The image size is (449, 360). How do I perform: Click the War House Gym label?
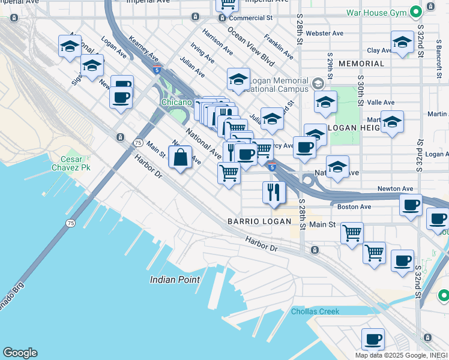(376, 12)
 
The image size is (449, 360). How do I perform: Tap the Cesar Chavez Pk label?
(74, 164)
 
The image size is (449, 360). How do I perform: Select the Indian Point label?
(174, 280)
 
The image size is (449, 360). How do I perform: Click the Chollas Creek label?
(315, 311)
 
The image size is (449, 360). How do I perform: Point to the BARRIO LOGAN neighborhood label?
(259, 221)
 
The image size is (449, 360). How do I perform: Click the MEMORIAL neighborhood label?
(361, 64)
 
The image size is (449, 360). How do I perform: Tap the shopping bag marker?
(180, 158)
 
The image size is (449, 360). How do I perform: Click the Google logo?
(20, 353)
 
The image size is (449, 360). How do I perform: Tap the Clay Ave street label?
(379, 51)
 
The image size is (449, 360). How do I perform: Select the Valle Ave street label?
(380, 103)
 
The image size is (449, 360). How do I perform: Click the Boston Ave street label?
(354, 207)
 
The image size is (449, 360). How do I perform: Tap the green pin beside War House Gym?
(415, 11)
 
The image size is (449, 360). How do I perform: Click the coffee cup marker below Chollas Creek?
(373, 339)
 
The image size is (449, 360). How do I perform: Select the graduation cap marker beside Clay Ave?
(402, 42)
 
